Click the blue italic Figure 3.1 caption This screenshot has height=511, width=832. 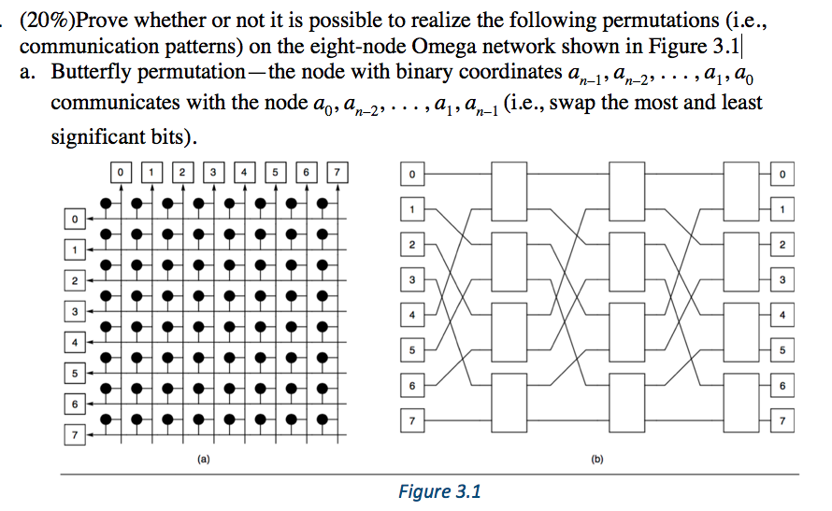click(438, 491)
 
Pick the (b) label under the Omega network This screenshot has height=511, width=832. click(595, 460)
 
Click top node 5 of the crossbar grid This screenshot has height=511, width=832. click(275, 171)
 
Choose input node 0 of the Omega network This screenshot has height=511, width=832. click(409, 173)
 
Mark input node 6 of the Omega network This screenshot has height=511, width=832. click(409, 385)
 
